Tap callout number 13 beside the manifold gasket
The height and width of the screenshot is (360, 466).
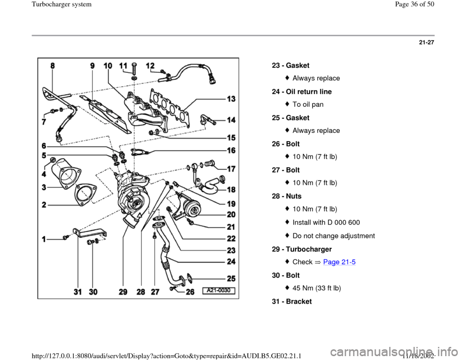(x=230, y=98)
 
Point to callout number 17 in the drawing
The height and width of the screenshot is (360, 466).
(x=230, y=169)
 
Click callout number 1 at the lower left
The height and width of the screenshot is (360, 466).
(x=45, y=239)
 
